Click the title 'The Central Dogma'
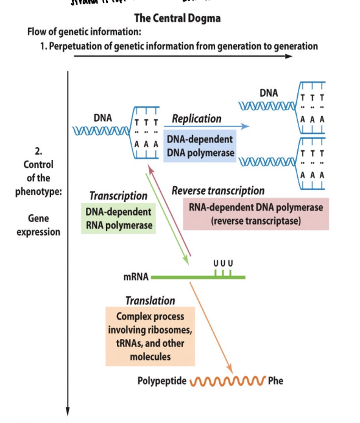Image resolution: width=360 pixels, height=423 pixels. (177, 18)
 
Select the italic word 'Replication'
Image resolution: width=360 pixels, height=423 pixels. (197, 119)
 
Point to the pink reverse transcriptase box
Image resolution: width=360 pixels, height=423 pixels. (256, 214)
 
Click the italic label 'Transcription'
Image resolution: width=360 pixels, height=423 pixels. (118, 196)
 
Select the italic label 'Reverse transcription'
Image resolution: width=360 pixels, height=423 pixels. (218, 191)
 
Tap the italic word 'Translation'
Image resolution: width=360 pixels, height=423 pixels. (150, 300)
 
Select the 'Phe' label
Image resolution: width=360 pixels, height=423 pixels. (275, 382)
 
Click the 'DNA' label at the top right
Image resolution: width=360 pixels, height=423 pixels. (268, 93)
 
